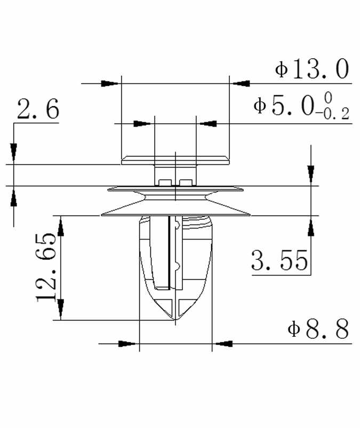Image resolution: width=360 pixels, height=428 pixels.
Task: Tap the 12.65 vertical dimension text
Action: point(47,267)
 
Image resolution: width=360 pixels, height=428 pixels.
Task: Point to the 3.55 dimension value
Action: point(279,261)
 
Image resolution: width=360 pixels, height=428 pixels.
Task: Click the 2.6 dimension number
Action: point(37,110)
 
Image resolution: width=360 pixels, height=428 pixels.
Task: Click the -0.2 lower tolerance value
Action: point(332,114)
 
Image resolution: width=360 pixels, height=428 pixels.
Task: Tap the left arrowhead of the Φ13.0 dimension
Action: point(110,83)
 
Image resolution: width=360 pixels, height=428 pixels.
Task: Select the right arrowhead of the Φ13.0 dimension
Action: point(241,83)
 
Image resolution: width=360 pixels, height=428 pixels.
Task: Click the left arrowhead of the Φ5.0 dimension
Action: point(142,123)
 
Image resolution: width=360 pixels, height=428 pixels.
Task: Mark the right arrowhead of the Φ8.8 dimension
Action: point(224,343)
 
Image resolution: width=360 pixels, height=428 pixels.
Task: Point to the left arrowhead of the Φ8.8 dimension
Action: point(126,343)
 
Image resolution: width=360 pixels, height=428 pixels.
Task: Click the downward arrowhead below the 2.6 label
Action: point(14,152)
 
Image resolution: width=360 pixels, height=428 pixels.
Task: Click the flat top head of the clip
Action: point(175,160)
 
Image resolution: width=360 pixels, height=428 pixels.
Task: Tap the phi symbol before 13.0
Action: point(281,69)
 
